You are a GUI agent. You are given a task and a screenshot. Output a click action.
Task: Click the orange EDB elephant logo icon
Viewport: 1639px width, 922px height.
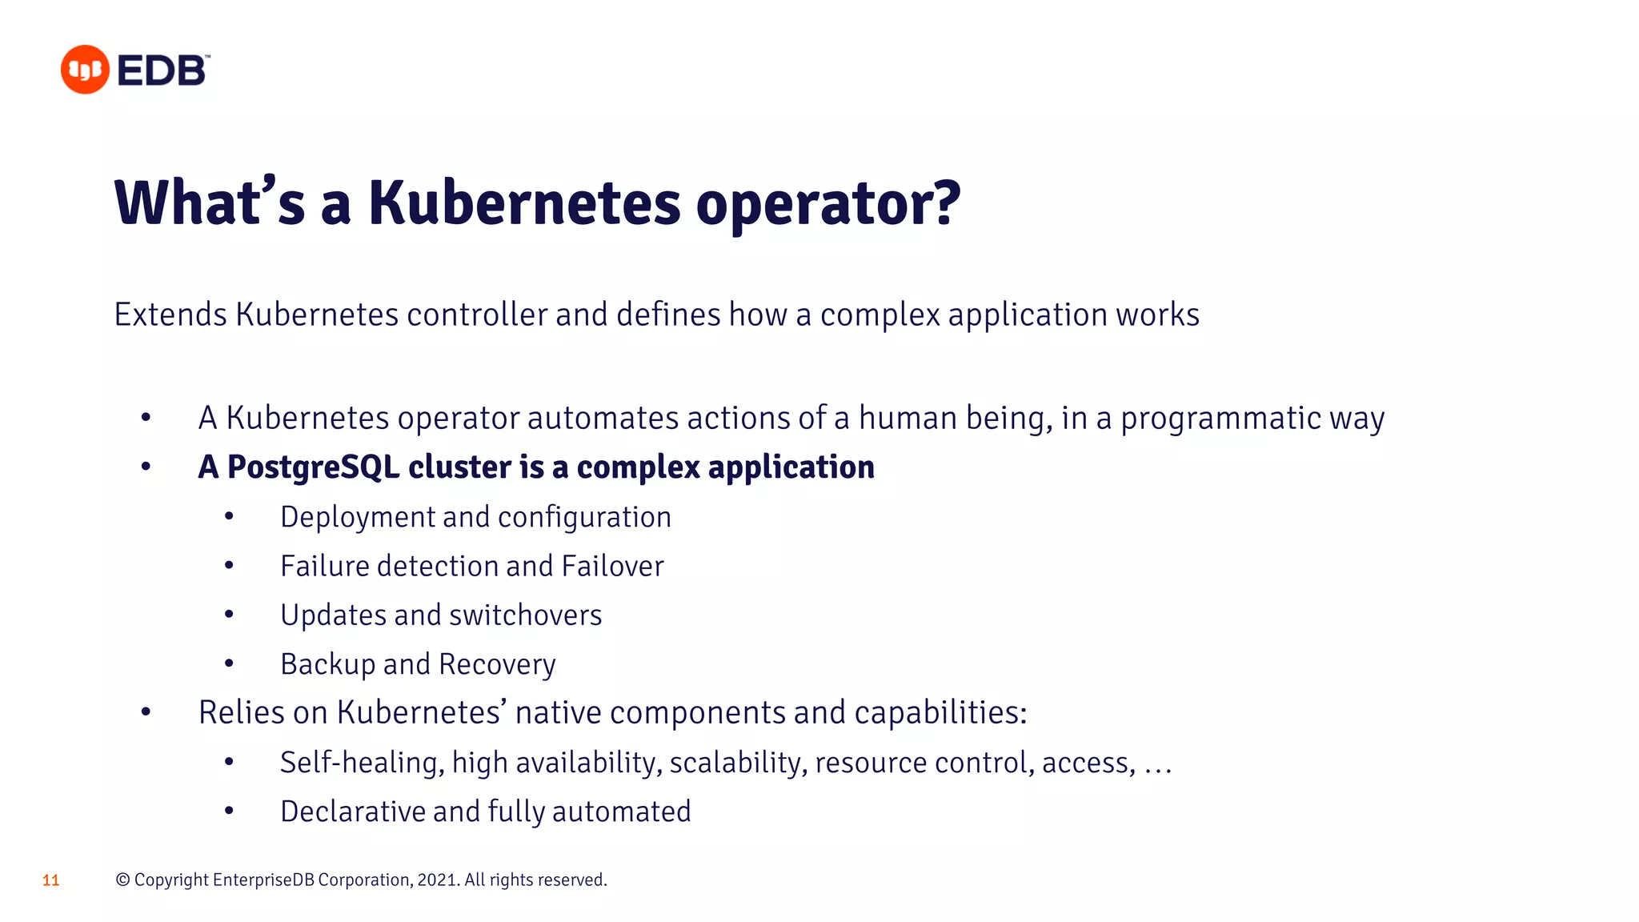85,70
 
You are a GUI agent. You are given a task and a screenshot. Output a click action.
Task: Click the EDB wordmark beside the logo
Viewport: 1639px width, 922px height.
163,71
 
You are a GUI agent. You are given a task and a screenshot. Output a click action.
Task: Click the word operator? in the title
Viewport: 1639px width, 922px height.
828,204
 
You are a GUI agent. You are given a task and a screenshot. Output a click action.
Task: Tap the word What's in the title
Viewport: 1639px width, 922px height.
210,202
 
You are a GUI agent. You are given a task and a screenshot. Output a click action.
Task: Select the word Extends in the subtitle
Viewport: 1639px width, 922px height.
170,315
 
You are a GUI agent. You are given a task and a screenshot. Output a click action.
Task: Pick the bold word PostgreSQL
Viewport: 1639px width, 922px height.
313,467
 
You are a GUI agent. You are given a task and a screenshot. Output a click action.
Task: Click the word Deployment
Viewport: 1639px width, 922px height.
357,518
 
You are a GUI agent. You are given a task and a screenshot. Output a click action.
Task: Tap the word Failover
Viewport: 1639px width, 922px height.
612,567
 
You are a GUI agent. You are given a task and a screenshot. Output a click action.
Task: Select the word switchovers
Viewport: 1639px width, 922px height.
525,615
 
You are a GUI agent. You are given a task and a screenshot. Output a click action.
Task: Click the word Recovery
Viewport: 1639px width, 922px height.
497,664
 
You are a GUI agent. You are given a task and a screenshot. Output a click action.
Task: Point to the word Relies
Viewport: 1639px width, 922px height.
241,712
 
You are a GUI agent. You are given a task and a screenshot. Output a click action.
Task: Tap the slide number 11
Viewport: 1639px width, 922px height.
50,880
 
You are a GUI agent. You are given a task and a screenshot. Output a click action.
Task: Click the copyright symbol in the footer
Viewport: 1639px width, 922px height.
122,880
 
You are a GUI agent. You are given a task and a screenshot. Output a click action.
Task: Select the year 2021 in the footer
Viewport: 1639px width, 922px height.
437,880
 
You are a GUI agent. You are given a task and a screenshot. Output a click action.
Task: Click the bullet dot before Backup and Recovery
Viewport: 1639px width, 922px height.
229,663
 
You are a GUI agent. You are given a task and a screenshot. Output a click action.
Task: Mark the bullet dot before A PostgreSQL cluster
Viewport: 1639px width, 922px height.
146,467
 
